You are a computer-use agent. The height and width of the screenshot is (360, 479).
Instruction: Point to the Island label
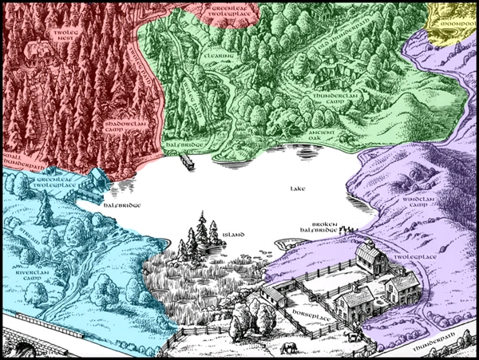click(234, 234)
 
